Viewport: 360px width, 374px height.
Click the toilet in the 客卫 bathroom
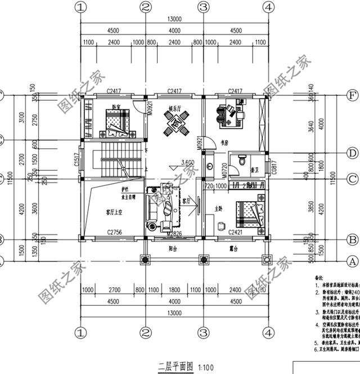point(242,161)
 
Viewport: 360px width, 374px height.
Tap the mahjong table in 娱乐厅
point(175,122)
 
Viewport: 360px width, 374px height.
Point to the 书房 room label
point(225,143)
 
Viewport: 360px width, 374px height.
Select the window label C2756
point(115,232)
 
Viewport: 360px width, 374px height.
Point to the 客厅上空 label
point(115,212)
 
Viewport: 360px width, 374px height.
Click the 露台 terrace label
point(235,248)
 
